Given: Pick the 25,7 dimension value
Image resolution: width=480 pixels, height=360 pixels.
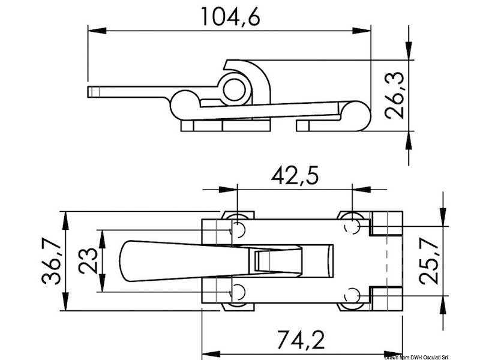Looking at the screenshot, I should point(430,262).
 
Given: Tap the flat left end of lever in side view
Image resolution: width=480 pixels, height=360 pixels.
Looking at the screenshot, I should point(92,92).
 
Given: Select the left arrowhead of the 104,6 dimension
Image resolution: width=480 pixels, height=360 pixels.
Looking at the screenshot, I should point(93,29).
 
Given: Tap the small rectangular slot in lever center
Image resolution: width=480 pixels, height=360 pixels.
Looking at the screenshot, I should point(263,261).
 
